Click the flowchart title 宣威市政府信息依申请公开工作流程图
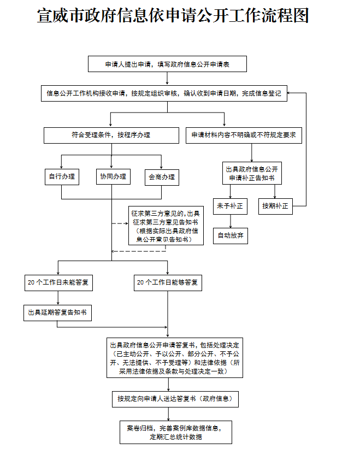(x=173, y=16)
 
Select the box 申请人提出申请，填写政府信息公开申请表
(x=167, y=64)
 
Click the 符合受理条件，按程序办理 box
(x=111, y=135)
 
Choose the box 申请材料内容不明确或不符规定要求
(x=244, y=135)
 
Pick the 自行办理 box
(x=62, y=176)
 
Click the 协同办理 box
(x=113, y=176)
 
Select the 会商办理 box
(x=162, y=176)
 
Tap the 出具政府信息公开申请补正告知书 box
(x=252, y=174)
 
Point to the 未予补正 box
(x=229, y=206)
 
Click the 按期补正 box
(x=275, y=206)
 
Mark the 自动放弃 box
(x=230, y=235)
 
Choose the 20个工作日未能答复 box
(x=59, y=282)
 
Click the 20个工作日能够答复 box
(x=168, y=282)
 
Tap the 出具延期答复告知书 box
(x=57, y=313)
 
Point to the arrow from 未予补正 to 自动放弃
(x=230, y=221)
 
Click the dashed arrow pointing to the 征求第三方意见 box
(x=120, y=223)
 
